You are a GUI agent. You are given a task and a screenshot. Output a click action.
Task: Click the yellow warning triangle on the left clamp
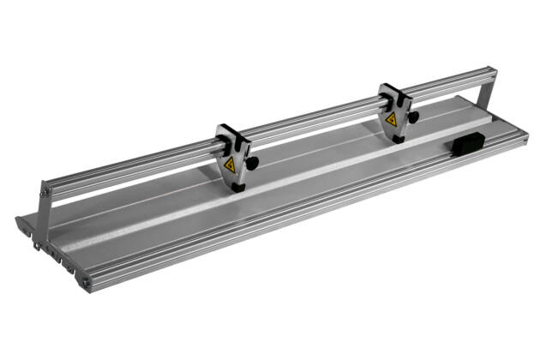click(x=230, y=166)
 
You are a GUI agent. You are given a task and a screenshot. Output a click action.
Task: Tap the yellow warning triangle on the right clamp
click(x=391, y=119)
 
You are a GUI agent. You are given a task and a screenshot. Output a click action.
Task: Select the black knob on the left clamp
click(x=252, y=161)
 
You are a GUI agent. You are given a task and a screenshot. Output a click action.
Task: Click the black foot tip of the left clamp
click(x=237, y=187)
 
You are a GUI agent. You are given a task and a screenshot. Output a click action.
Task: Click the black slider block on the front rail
click(x=465, y=146)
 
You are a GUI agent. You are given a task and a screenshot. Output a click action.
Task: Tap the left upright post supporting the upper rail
click(x=43, y=214)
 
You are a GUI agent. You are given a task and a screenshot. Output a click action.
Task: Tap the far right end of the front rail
click(x=525, y=137)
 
